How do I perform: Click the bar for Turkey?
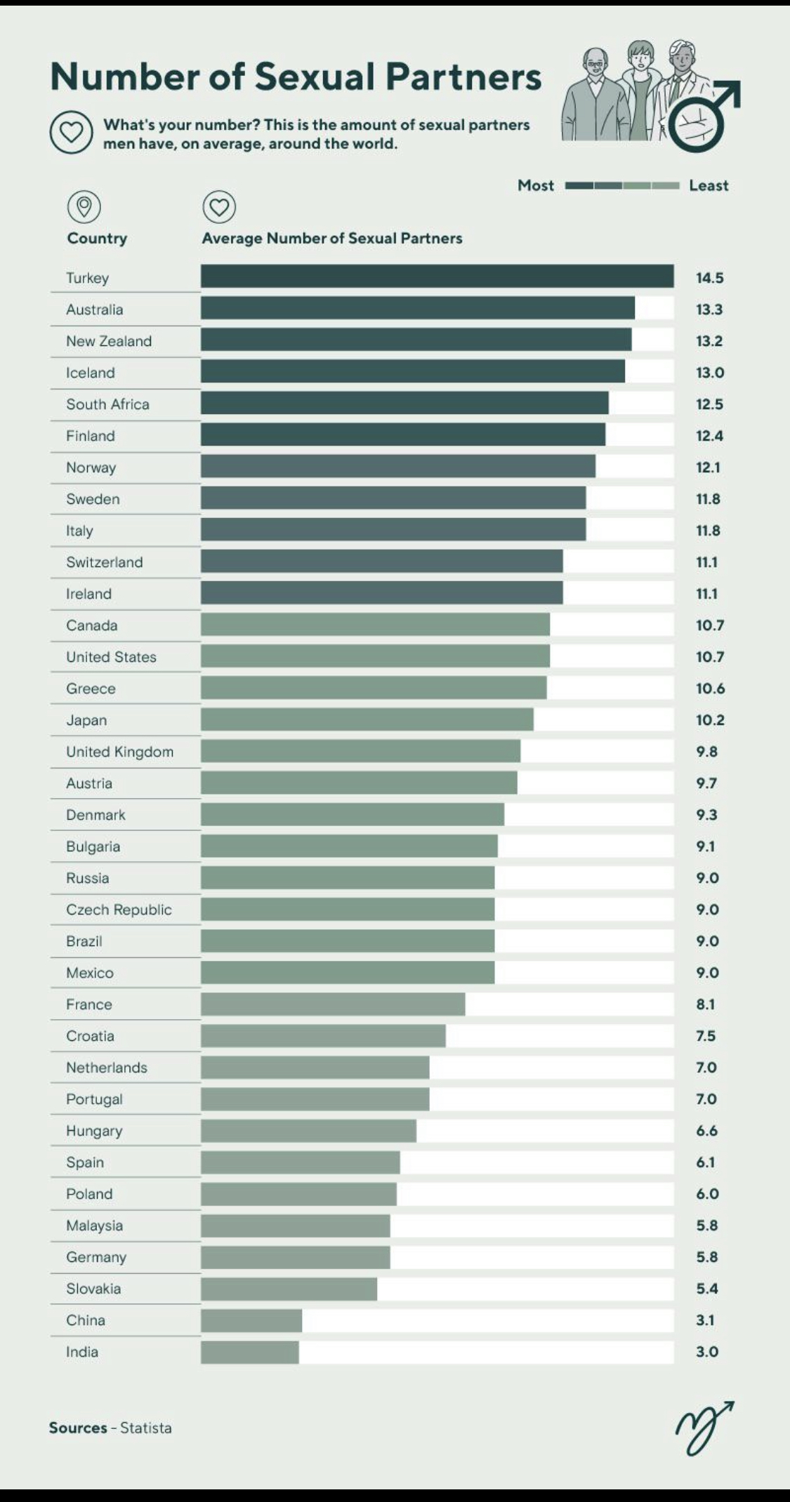(437, 277)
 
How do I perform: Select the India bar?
(249, 1352)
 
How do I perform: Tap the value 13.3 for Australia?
(709, 310)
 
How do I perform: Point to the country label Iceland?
(91, 373)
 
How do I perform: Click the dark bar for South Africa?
(404, 403)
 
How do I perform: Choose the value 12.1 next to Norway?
(708, 467)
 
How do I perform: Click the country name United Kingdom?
(119, 752)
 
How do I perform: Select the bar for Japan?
(367, 719)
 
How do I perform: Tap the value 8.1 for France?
(705, 1004)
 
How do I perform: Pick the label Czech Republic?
(119, 910)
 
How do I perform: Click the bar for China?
(251, 1320)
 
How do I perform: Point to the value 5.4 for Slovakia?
(707, 1289)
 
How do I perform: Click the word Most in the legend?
(536, 185)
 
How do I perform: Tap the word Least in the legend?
(709, 185)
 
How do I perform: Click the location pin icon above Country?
(84, 207)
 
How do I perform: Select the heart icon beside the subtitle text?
(71, 133)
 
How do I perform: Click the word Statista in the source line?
(145, 1428)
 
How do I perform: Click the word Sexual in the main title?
(315, 77)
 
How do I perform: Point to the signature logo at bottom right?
(704, 1427)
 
